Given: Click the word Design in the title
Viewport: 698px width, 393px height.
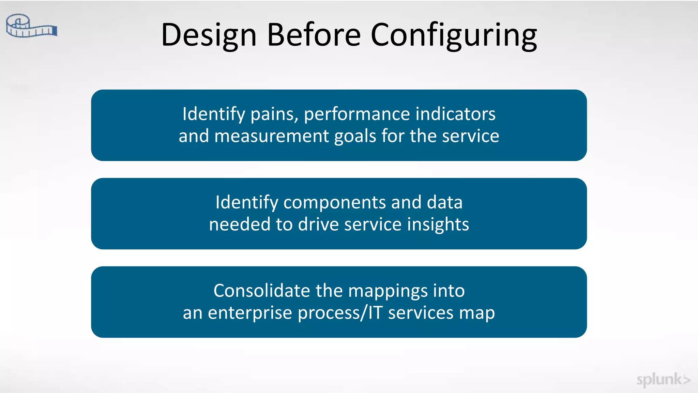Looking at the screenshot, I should (x=209, y=35).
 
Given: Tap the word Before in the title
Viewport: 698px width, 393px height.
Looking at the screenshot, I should (x=314, y=35).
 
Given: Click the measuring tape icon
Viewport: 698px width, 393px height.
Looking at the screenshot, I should (x=31, y=26).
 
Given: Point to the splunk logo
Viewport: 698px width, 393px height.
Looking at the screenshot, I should (x=663, y=380).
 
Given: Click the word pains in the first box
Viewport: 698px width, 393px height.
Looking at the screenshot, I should (x=274, y=114).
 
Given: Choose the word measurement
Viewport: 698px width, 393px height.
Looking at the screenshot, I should (x=272, y=136).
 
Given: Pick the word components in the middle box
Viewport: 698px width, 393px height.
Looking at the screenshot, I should (x=335, y=203).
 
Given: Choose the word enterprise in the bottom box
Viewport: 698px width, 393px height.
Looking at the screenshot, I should (x=250, y=313).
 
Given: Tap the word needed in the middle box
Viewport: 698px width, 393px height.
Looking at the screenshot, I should (x=240, y=224).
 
